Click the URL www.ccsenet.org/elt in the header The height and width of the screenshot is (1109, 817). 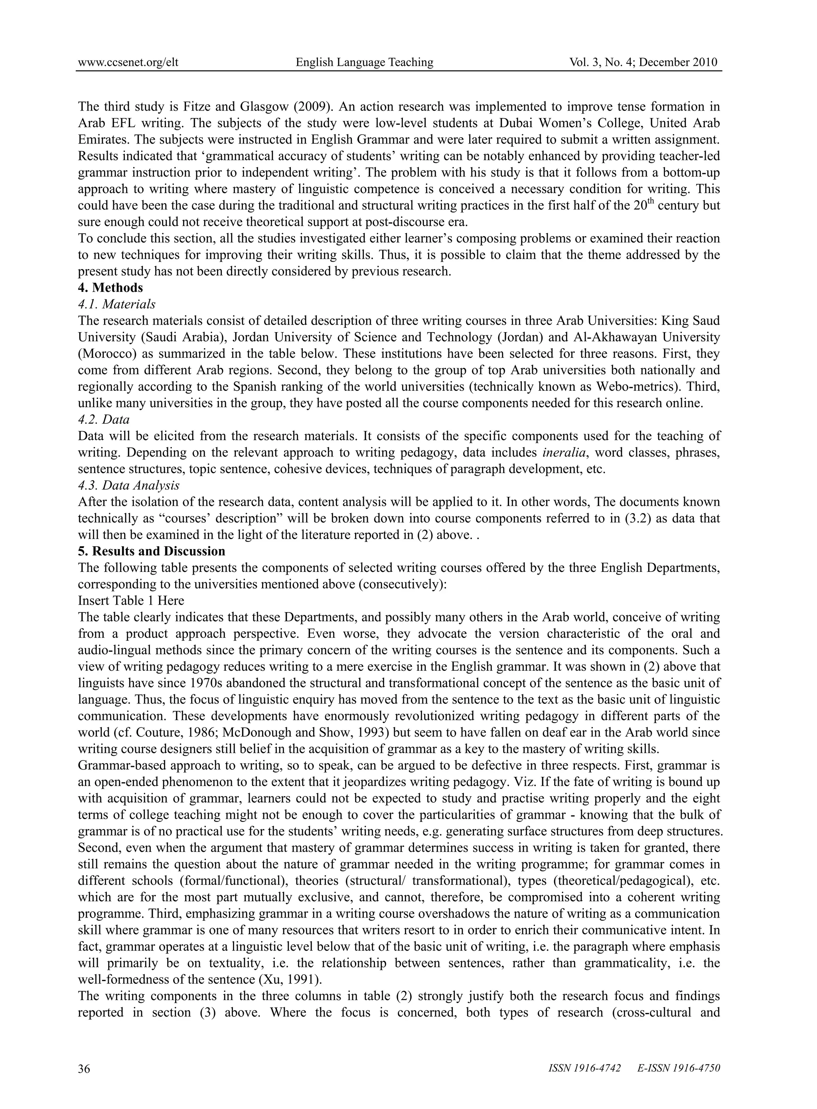(128, 62)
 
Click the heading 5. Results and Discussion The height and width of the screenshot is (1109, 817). (151, 551)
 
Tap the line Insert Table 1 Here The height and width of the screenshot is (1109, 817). (131, 601)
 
